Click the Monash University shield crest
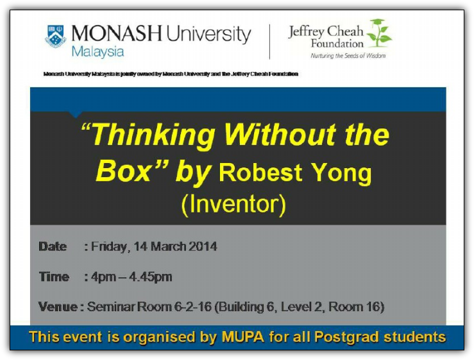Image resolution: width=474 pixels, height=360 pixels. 56,37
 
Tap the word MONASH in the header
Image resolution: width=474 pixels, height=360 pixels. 117,33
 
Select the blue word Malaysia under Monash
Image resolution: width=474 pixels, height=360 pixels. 97,52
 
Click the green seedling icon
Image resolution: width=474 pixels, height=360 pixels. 379,33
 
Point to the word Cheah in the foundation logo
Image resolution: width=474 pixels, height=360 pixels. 345,31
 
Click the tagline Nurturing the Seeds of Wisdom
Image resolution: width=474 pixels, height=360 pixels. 348,56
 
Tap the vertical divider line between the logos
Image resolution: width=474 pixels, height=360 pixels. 269,42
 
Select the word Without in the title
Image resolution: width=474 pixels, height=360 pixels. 280,134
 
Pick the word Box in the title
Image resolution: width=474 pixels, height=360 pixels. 123,171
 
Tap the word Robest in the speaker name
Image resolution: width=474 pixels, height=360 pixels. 260,173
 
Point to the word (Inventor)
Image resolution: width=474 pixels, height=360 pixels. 233,205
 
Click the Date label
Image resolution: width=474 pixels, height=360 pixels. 53,246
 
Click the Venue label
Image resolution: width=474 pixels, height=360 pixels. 58,307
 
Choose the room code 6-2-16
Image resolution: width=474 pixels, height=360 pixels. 193,307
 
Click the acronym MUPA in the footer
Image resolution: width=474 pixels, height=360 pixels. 243,337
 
